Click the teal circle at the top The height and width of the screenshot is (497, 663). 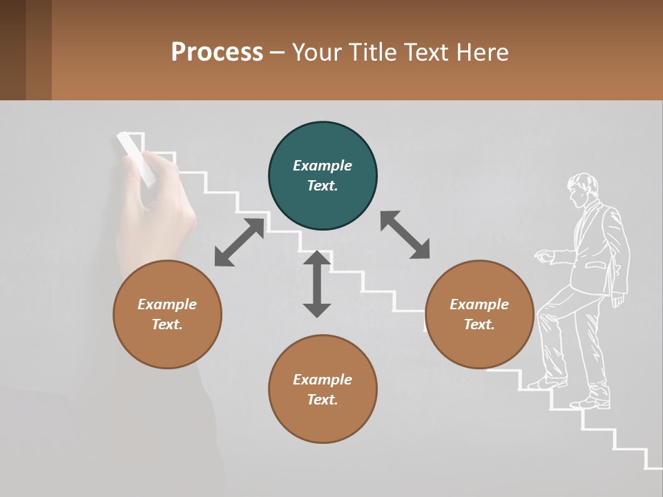tap(323, 176)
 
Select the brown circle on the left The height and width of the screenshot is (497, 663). tap(167, 314)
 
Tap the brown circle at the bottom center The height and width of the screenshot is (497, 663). tap(323, 389)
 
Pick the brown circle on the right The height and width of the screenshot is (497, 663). tap(479, 314)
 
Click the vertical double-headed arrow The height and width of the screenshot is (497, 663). tap(317, 284)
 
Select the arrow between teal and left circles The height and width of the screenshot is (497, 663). tap(240, 242)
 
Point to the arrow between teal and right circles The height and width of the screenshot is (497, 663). tap(405, 235)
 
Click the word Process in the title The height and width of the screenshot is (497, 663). tap(217, 52)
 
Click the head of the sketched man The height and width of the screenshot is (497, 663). tap(582, 188)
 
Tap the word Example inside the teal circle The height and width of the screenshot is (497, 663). tap(323, 166)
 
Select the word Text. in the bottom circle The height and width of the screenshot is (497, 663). tap(323, 400)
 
